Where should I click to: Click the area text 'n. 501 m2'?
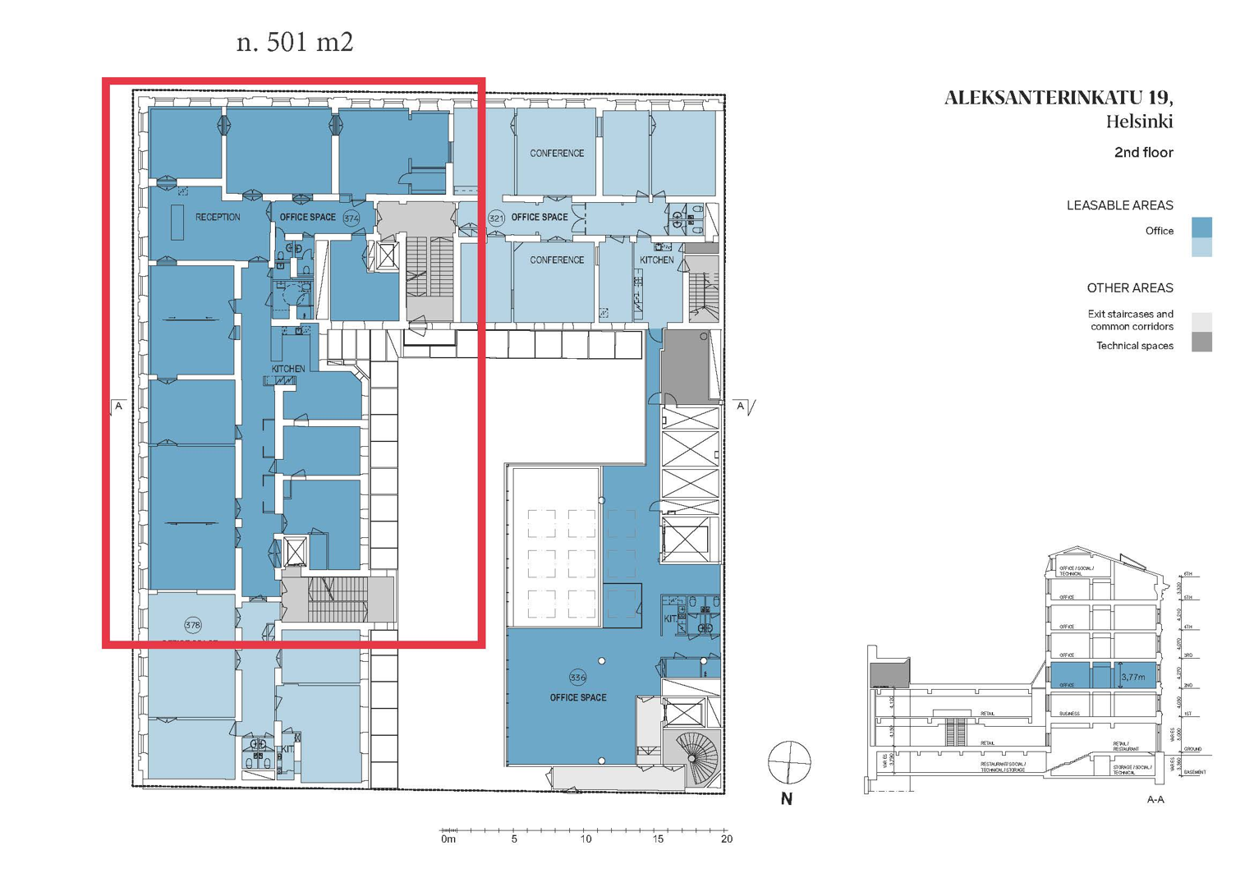(295, 42)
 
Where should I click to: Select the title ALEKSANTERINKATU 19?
(1059, 98)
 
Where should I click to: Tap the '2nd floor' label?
(1143, 153)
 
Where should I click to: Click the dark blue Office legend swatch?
(1201, 227)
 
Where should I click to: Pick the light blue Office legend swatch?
(1201, 247)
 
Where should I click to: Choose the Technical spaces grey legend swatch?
(1201, 342)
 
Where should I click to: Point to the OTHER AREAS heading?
(1129, 288)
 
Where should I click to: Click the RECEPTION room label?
(218, 218)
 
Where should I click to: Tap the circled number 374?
(351, 218)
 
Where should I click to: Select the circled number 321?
(496, 218)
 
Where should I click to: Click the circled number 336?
(577, 678)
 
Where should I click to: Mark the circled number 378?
(193, 625)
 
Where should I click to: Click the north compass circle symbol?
(789, 762)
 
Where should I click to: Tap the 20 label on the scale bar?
(726, 839)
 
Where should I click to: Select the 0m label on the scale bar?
(448, 839)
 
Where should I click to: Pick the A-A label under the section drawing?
(1155, 799)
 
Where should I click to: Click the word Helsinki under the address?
(1139, 122)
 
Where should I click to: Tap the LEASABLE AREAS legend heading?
(1119, 205)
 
